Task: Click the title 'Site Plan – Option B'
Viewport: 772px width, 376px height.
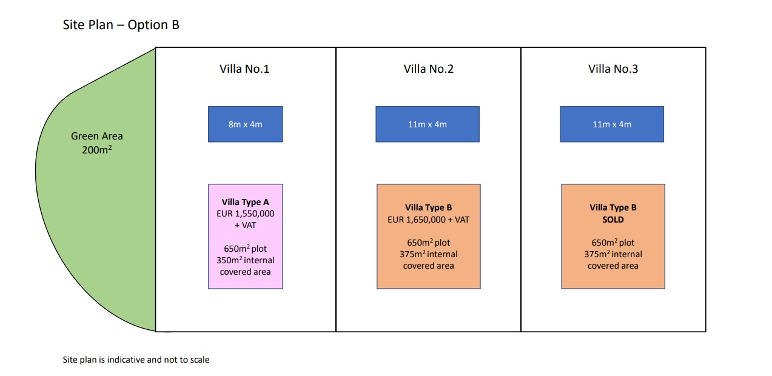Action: click(121, 25)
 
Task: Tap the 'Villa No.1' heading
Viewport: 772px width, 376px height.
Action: click(244, 69)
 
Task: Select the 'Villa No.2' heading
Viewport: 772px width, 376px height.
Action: click(428, 69)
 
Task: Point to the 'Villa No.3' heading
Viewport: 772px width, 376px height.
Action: click(613, 69)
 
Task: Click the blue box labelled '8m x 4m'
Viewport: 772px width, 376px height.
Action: click(246, 124)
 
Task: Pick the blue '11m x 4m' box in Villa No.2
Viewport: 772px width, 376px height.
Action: click(428, 124)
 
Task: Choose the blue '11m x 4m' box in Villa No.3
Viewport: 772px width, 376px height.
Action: click(612, 124)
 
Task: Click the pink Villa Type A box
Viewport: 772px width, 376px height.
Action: click(246, 237)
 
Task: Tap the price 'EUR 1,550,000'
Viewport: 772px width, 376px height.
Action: click(246, 213)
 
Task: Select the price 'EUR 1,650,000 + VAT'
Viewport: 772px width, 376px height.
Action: click(428, 220)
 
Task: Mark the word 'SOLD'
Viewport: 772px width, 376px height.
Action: click(613, 220)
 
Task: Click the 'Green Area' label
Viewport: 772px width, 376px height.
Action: click(97, 136)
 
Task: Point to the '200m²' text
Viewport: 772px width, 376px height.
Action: click(97, 150)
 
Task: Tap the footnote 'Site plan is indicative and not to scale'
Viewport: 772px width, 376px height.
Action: click(136, 360)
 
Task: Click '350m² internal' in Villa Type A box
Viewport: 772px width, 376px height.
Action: click(246, 260)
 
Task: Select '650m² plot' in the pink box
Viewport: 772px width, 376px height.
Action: click(246, 249)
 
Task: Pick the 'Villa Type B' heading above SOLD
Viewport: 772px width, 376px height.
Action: click(613, 207)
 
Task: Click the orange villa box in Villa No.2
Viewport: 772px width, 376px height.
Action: click(428, 237)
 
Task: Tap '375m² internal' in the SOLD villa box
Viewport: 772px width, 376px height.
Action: click(613, 254)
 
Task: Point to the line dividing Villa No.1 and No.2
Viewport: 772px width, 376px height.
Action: click(336, 190)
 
